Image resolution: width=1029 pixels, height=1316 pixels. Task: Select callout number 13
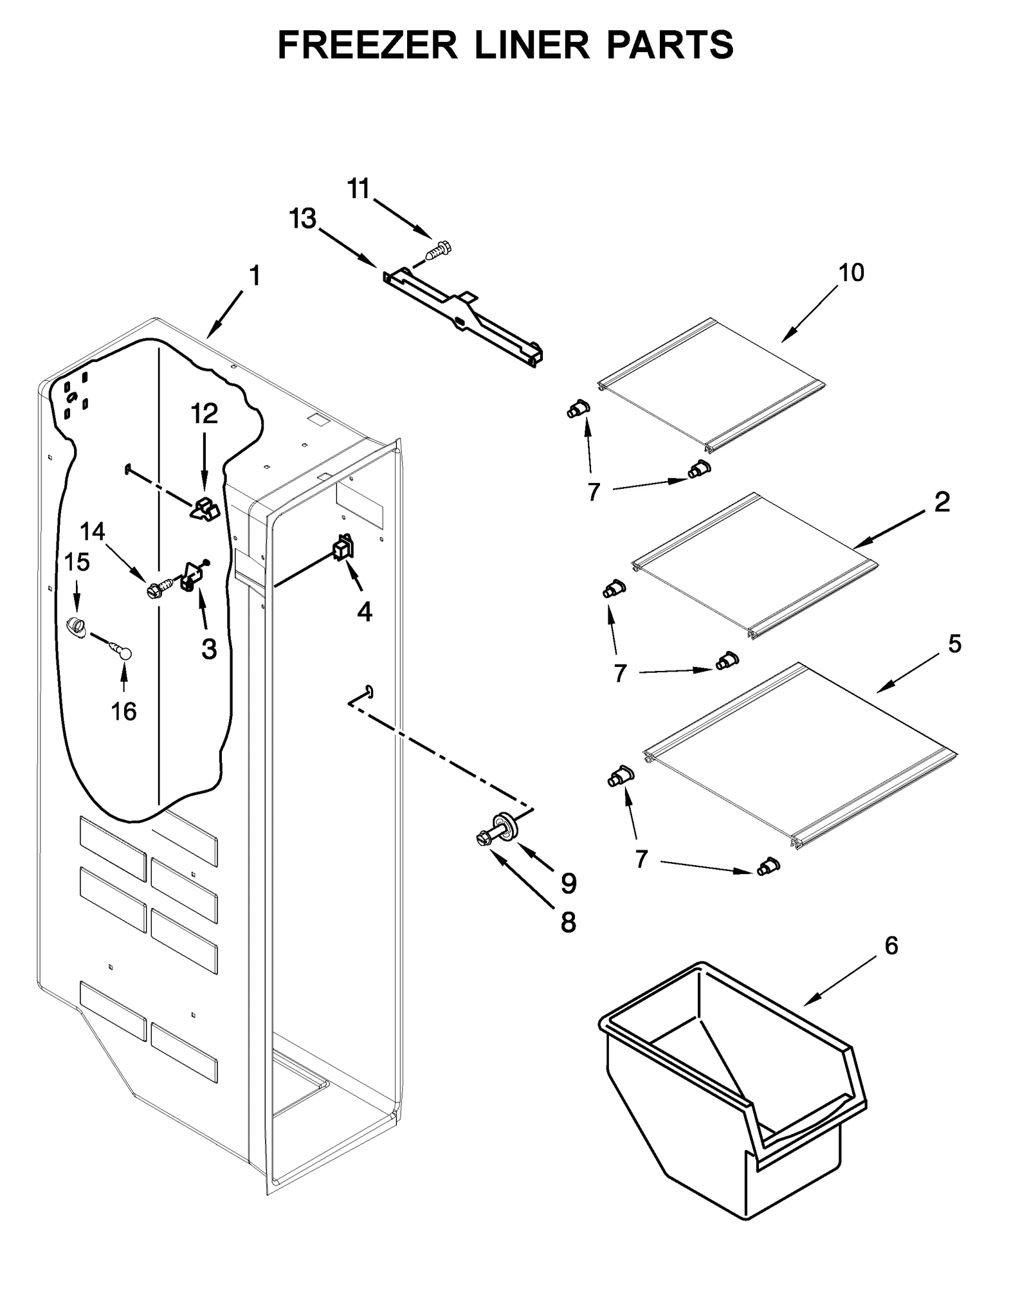302,219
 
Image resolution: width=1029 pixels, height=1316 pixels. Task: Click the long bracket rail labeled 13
463,315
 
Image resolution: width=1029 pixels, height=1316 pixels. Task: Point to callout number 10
851,272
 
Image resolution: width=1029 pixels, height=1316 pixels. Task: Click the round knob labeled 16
124,653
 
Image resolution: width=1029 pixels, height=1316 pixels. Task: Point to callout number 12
204,414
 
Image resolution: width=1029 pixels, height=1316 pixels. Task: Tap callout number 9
569,882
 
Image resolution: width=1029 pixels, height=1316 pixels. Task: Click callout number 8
569,922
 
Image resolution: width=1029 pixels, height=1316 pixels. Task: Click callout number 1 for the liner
255,276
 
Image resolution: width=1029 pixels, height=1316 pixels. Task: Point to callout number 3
209,649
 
